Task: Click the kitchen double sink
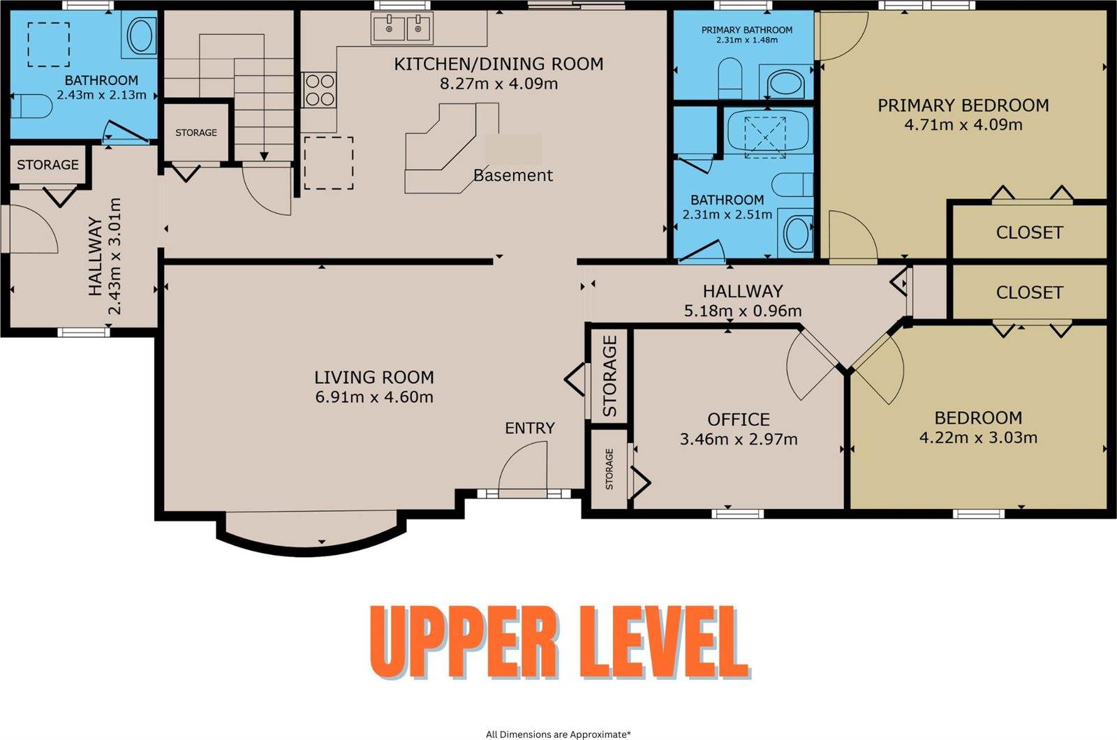[402, 27]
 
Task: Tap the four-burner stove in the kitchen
[320, 90]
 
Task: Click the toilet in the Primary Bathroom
[730, 78]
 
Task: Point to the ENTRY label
[530, 429]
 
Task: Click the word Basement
[513, 175]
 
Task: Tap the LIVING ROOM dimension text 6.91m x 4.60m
[374, 397]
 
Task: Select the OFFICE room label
[739, 420]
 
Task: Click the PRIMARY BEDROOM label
[963, 105]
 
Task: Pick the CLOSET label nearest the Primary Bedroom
[1029, 232]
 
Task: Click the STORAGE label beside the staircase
[196, 133]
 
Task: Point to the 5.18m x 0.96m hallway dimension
[743, 311]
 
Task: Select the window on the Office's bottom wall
[737, 514]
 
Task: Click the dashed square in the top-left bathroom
[48, 45]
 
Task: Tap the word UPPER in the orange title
[464, 642]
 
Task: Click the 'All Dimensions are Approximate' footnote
[558, 734]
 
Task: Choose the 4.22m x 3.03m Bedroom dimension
[978, 438]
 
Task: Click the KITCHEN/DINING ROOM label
[498, 64]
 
